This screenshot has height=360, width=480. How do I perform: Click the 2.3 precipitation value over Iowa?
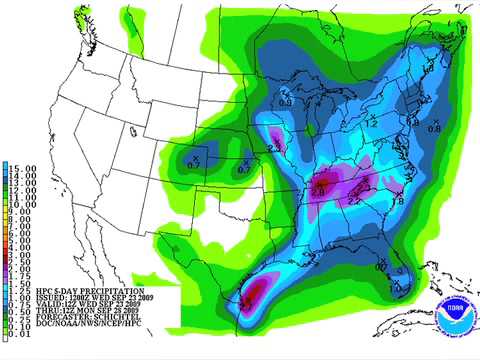[x=276, y=148]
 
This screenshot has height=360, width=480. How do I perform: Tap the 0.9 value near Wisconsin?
[x=286, y=102]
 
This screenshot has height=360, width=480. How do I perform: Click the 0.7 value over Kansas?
[x=242, y=170]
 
